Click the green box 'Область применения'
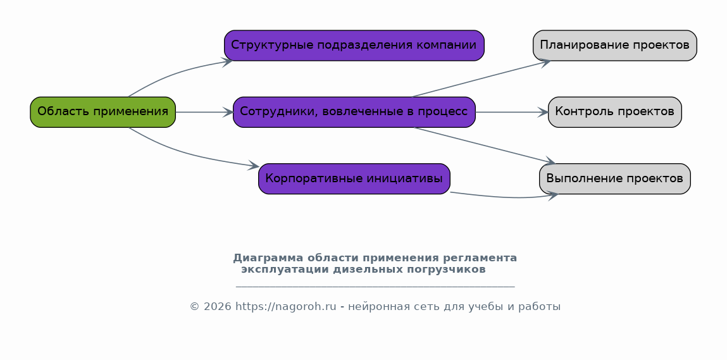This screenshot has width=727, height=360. [x=103, y=112]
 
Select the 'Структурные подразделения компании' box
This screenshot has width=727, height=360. [x=354, y=46]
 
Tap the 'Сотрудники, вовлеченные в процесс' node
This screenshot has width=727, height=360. [x=354, y=112]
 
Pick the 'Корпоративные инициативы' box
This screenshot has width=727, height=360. [x=354, y=178]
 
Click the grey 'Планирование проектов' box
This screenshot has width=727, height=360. [x=615, y=46]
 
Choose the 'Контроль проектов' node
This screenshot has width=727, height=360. [x=615, y=112]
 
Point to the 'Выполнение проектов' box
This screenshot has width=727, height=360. [x=615, y=178]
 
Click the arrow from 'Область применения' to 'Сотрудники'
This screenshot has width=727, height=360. [x=204, y=112]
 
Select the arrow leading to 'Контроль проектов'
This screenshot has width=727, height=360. [x=512, y=112]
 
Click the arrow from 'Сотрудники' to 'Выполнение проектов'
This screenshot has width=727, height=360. [x=485, y=146]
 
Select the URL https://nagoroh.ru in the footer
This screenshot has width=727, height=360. [x=285, y=307]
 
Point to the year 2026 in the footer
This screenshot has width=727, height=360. [x=217, y=307]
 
